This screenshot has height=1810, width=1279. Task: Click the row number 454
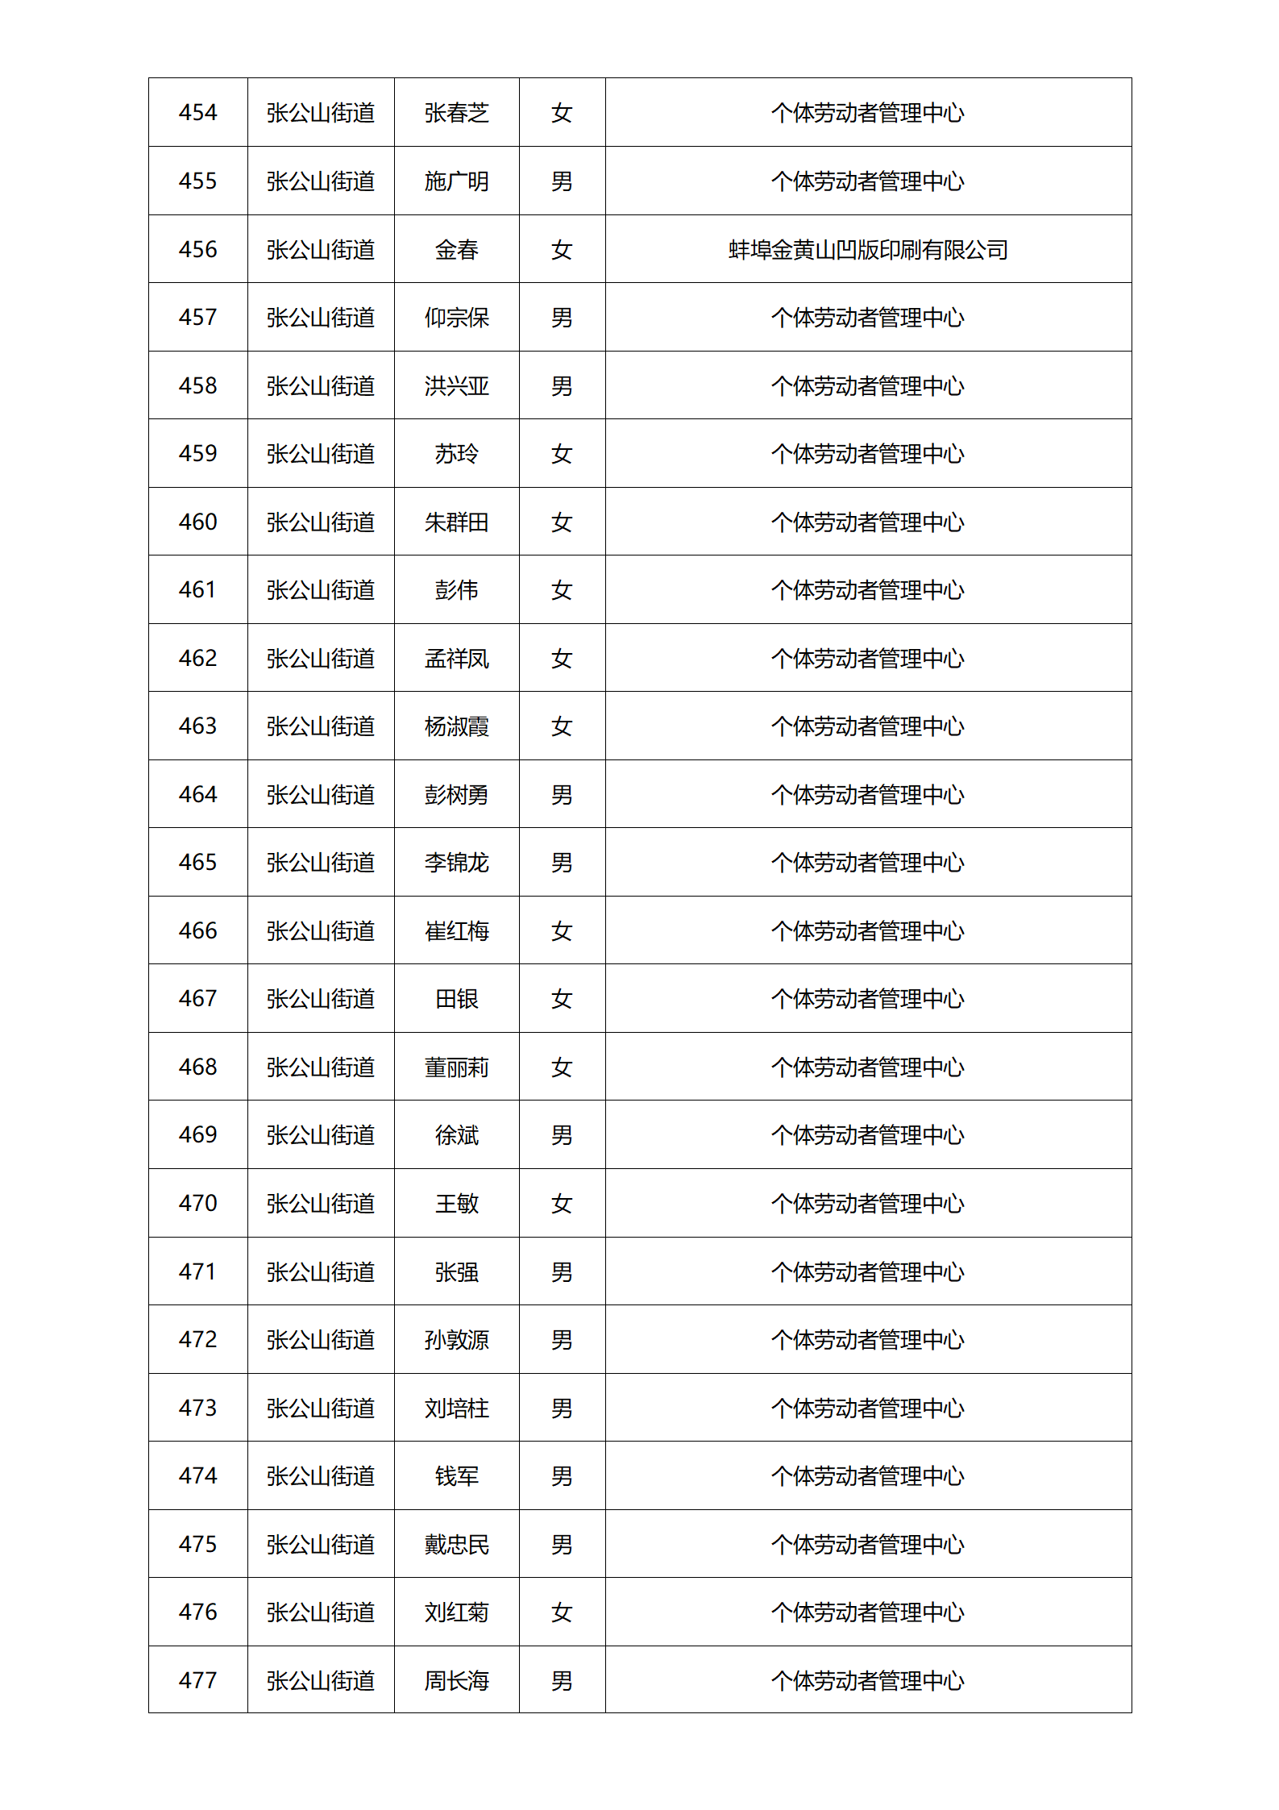click(x=197, y=113)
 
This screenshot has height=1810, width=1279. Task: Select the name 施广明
click(x=456, y=181)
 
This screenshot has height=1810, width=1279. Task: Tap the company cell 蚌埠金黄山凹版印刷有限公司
click(x=868, y=250)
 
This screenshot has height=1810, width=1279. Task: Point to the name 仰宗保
click(x=456, y=318)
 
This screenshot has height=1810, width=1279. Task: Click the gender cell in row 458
click(x=562, y=386)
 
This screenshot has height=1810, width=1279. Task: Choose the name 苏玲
click(x=456, y=454)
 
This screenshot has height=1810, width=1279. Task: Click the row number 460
click(x=197, y=522)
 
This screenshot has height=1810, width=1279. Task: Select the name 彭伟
click(x=456, y=590)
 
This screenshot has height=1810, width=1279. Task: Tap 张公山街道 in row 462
click(x=321, y=659)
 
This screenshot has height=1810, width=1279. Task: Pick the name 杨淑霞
click(x=456, y=726)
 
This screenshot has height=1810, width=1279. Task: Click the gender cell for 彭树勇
click(x=562, y=795)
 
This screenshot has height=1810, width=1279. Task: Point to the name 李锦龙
click(x=456, y=863)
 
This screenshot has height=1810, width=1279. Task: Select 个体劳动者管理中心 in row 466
click(x=868, y=931)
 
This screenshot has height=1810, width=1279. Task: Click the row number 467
click(x=197, y=999)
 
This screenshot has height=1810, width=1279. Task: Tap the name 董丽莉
click(x=456, y=1067)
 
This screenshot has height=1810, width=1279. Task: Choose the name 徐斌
click(x=456, y=1135)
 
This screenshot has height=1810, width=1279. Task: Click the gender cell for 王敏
click(x=562, y=1204)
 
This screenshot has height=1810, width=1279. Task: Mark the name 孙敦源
click(x=456, y=1340)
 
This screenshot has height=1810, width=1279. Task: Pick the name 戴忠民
click(x=456, y=1545)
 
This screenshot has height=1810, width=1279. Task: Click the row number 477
click(x=197, y=1681)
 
